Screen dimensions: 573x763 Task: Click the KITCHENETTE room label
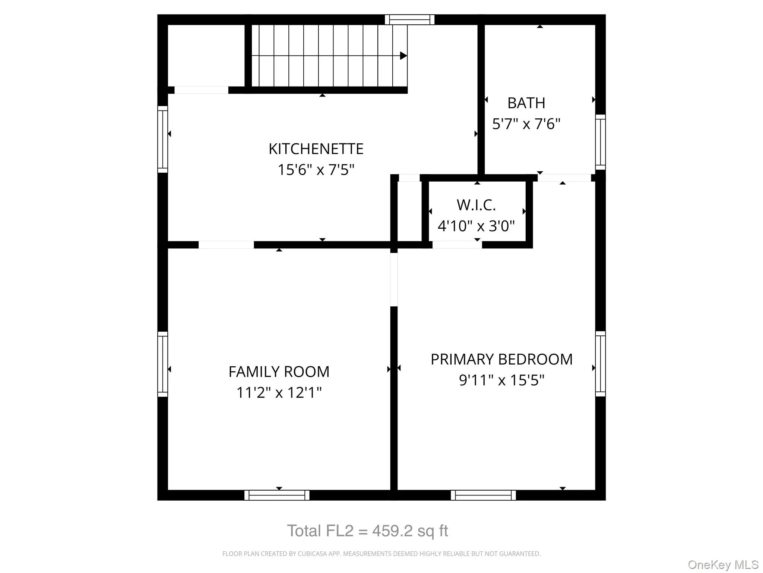316,149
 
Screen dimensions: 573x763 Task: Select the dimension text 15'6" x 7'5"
316,170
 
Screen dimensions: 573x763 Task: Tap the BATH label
526,103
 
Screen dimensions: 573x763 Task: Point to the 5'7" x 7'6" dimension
526,124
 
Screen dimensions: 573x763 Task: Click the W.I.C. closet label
476,205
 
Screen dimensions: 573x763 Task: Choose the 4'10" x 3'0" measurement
476,226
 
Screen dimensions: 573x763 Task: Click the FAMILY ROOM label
279,372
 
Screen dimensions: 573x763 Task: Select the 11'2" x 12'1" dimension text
279,392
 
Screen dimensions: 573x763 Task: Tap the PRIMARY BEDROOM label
501,359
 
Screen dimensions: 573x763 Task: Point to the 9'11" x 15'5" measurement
501,380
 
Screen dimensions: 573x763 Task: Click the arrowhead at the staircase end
403,56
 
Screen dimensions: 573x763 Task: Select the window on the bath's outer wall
600,142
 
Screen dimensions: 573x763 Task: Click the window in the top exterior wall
409,19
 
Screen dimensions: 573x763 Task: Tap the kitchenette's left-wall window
162,139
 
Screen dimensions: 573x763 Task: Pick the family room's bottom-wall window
277,495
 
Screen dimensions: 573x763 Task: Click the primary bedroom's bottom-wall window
483,495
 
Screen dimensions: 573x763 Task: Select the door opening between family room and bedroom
394,279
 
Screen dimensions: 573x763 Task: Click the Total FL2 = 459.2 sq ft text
367,530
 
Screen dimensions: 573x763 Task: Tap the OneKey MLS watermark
723,565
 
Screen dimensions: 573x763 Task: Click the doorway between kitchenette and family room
226,245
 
